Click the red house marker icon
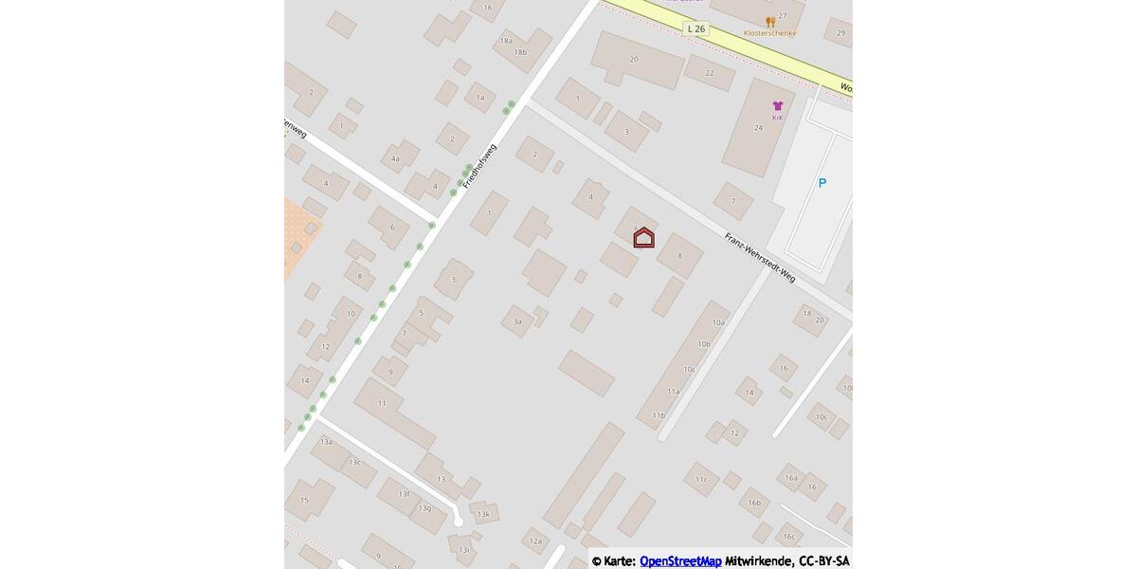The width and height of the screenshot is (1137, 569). [643, 237]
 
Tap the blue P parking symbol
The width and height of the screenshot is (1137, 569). [822, 183]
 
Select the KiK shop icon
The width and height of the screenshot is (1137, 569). [778, 106]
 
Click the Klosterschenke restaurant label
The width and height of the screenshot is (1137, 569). [769, 33]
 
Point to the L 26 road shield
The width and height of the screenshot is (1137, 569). [695, 29]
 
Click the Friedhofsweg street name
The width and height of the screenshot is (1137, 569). [479, 165]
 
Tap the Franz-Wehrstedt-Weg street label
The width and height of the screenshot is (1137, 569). [760, 257]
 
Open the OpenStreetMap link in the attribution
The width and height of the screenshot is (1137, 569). [680, 561]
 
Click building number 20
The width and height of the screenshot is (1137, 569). [634, 60]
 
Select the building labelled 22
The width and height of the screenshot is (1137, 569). [710, 73]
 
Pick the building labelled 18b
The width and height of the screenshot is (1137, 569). [520, 52]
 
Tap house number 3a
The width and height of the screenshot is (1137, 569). [517, 321]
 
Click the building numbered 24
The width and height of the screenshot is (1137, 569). [758, 127]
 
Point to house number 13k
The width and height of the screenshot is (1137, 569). [483, 514]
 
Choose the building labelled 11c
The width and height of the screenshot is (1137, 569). [701, 480]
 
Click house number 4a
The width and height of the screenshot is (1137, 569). [396, 158]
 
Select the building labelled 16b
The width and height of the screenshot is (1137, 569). [754, 503]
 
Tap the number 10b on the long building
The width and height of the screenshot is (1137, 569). [703, 344]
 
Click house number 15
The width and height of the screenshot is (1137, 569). [304, 500]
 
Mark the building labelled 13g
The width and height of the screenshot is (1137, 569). [424, 508]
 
